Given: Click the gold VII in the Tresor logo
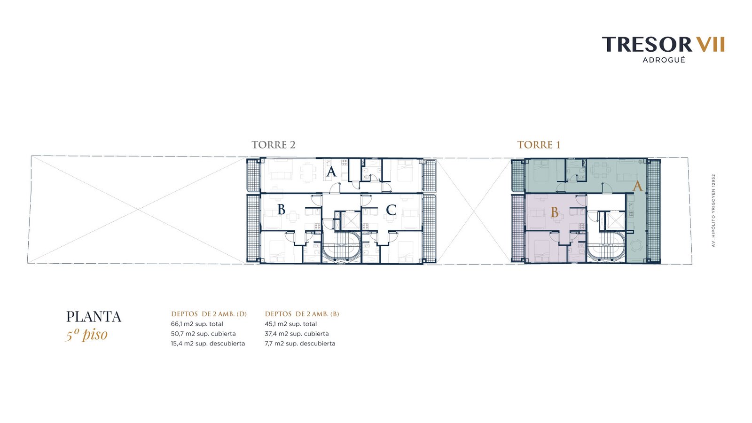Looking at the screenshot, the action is [710, 44].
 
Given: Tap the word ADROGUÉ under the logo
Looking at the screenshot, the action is [664, 60].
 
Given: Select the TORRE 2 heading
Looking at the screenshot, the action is [274, 145].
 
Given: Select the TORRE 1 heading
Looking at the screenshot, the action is [539, 145].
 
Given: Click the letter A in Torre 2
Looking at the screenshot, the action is [331, 172].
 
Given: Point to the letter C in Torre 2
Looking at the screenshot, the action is [391, 210].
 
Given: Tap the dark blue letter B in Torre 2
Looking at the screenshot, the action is [282, 210].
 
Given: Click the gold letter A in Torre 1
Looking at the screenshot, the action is [637, 186].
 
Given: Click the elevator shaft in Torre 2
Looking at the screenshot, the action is [351, 220].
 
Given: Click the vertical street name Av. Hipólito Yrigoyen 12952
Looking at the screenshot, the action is [714, 211].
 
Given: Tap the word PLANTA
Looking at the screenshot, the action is [94, 317].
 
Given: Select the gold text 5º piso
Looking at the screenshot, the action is [86, 335].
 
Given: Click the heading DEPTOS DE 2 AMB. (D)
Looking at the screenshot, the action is [209, 314].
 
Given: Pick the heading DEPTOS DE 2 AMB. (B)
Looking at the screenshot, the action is [302, 314].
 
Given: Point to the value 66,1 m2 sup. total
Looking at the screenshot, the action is [197, 324].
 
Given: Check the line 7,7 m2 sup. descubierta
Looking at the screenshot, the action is [300, 344].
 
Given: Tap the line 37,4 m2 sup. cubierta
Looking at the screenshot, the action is [297, 334].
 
